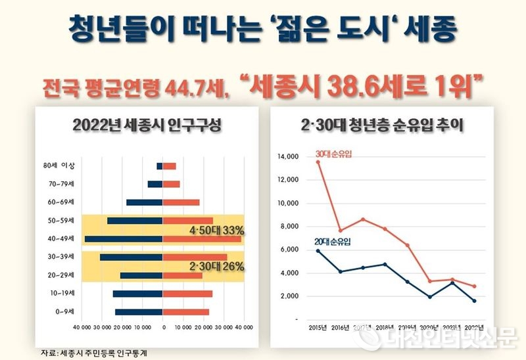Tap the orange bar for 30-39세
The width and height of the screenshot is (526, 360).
[x=195, y=257]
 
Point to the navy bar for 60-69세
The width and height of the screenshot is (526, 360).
[x=144, y=202]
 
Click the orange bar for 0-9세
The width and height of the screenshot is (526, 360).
[x=186, y=311]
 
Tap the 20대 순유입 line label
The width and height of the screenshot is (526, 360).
[x=333, y=242]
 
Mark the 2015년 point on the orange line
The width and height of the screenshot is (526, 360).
[x=318, y=162]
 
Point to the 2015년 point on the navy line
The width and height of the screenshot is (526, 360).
[x=318, y=250]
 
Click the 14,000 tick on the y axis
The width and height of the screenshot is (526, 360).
[x=288, y=156]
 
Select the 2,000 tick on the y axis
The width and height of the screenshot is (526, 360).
[x=289, y=296]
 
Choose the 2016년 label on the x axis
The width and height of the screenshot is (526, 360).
[x=340, y=326]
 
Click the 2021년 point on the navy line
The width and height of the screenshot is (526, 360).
[x=452, y=282]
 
